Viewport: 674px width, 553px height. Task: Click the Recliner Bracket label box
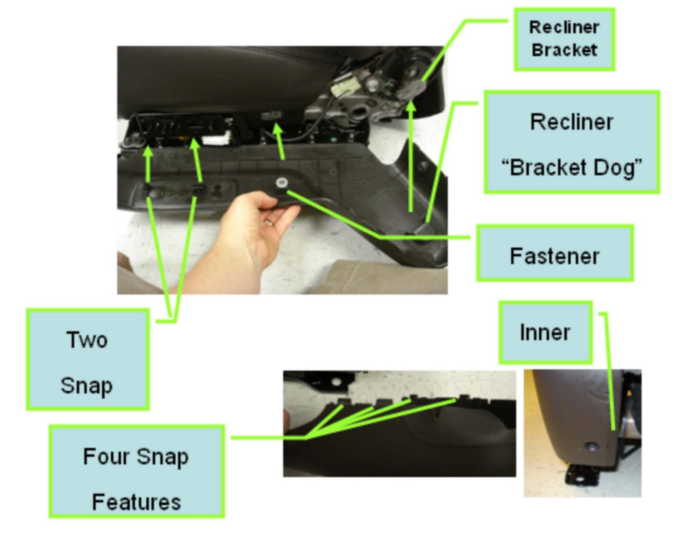[564, 39]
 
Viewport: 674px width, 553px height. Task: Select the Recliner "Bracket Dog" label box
[571, 142]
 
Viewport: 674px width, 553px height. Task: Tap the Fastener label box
[554, 253]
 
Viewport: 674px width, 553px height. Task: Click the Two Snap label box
[88, 359]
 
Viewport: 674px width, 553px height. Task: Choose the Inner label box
[545, 332]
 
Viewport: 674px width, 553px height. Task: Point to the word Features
[137, 502]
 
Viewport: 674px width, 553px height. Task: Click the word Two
[88, 340]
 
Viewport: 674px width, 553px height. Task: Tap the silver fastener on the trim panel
[280, 183]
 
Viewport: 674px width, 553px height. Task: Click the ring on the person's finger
[269, 222]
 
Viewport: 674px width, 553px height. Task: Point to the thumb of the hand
[259, 203]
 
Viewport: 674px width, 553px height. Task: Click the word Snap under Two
[87, 386]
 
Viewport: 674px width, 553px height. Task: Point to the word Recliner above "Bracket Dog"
[571, 122]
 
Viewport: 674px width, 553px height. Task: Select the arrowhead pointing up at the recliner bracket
[411, 106]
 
